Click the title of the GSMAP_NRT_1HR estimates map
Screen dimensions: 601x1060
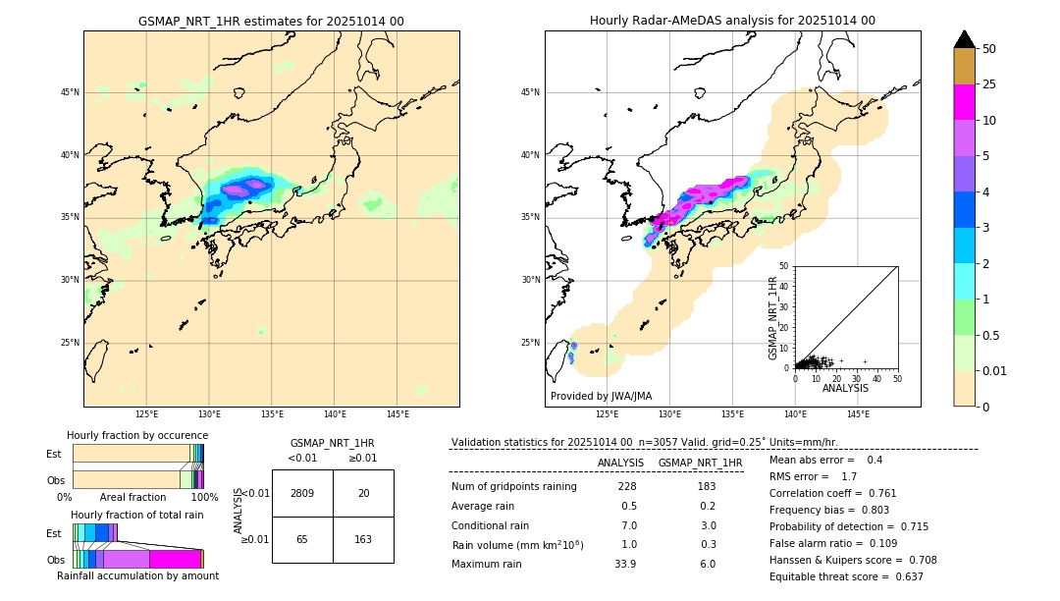tap(271, 21)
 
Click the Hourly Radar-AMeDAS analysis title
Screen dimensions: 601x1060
tap(732, 21)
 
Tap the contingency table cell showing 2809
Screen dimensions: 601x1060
tap(302, 493)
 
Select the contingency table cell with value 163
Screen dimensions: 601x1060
tap(363, 539)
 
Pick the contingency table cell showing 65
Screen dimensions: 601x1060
tap(302, 539)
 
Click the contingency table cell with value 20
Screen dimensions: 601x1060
tap(363, 493)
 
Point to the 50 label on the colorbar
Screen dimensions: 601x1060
tap(989, 49)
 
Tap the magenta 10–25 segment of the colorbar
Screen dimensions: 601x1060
tap(965, 102)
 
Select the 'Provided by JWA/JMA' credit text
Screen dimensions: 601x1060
tap(601, 397)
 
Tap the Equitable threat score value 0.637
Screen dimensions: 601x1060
tap(901, 576)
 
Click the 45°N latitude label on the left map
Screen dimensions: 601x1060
tap(70, 92)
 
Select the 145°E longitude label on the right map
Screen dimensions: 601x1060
tap(858, 414)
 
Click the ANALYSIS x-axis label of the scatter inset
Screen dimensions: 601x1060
tap(845, 388)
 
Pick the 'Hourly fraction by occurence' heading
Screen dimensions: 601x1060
tap(137, 435)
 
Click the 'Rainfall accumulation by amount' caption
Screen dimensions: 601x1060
tap(137, 575)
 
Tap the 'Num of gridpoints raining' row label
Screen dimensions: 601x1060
tap(514, 487)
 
